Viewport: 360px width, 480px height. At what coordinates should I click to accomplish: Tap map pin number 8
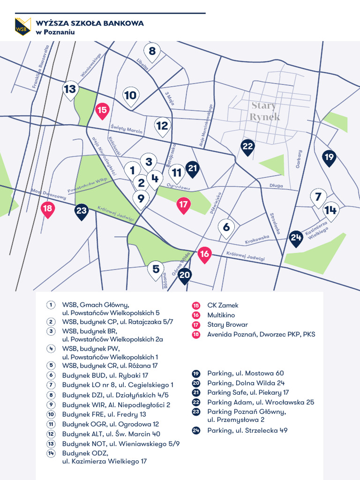pos(152,52)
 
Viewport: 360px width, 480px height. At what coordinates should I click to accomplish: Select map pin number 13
pos(70,89)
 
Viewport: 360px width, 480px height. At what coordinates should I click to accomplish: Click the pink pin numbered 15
pos(102,111)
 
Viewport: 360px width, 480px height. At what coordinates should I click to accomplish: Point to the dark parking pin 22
pos(248,147)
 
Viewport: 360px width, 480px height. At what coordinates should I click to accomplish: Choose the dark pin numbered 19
pos(329,157)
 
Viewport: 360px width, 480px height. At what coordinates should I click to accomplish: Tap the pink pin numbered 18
pos(47,209)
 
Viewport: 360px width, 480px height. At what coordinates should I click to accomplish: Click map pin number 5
pos(156,270)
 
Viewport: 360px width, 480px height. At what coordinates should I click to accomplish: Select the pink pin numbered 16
pos(204,255)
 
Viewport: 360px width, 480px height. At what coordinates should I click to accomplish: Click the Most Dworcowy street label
pos(48,194)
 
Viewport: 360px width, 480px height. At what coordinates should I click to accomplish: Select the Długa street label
pos(276,186)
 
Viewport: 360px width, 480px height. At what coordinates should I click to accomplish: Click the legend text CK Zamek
pos(223,306)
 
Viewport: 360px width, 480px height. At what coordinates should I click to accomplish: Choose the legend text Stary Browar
pos(227,325)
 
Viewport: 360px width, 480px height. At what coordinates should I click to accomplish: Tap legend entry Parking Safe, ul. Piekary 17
pos(248,392)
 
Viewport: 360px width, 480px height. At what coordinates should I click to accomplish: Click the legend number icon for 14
pos(50,453)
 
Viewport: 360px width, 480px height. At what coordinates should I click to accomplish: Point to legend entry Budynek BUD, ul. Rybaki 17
pos(105,375)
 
